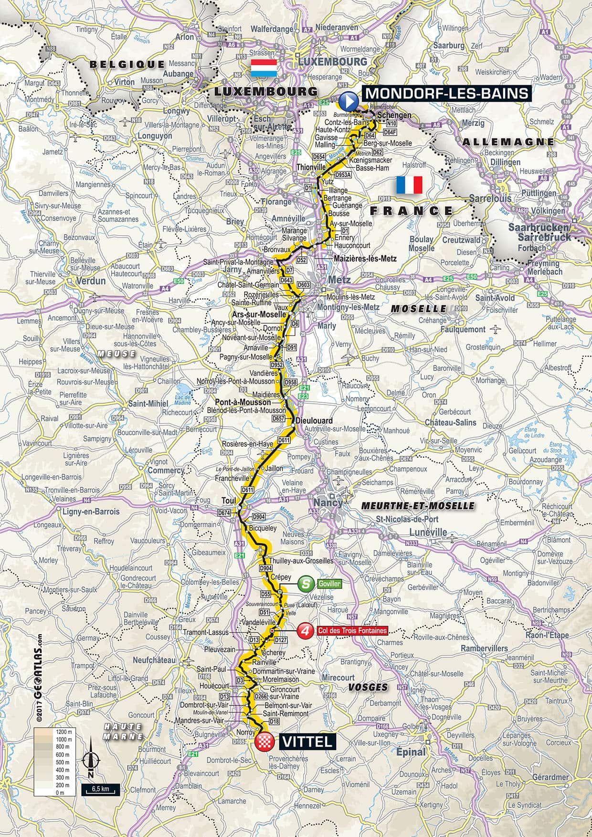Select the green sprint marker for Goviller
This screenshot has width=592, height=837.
tap(306, 583)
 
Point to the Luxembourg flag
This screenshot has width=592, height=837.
tap(264, 68)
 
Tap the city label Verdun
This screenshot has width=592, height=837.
tap(91, 281)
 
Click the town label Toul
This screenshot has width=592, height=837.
tap(229, 500)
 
